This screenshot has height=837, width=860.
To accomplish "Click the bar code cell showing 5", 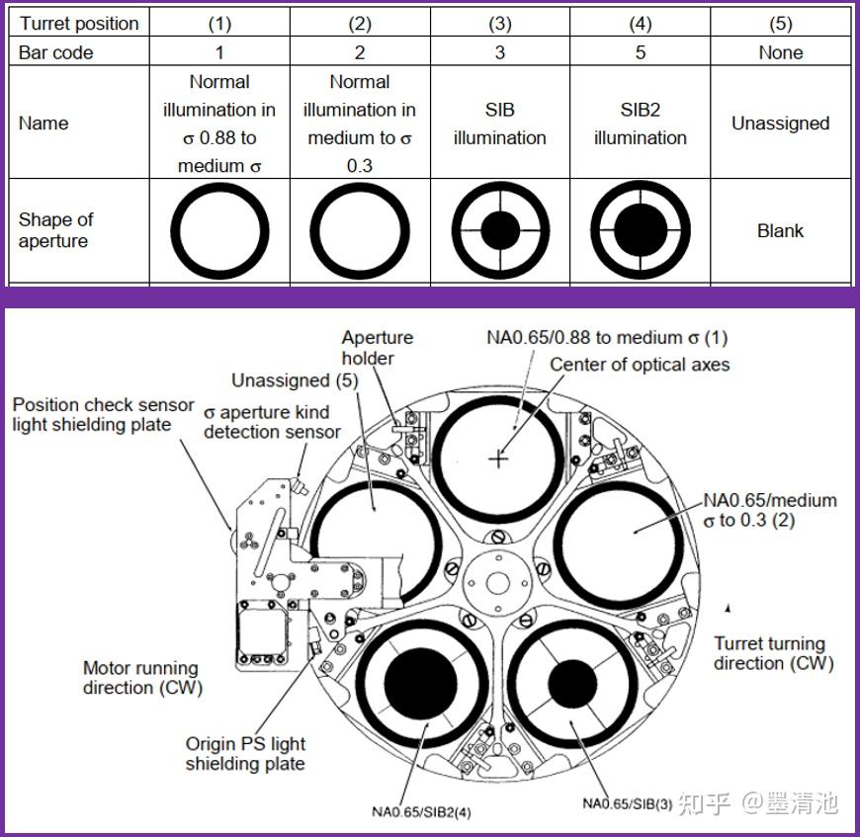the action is (641, 52).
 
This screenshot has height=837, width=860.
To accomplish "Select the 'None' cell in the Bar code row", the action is (781, 52).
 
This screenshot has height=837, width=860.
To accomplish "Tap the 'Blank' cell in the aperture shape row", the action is (781, 231).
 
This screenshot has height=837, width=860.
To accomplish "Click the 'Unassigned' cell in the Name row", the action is (781, 123).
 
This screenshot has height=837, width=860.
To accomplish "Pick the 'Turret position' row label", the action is (79, 24).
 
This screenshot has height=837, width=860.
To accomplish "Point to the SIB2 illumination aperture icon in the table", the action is (641, 230).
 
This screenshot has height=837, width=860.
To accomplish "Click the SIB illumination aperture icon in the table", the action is (500, 230).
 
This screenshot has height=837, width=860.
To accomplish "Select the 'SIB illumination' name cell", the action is (499, 124).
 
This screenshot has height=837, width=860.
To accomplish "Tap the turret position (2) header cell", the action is (360, 24).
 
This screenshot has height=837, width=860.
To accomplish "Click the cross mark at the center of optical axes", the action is (498, 459).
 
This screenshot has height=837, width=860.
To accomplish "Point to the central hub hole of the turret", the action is (498, 583).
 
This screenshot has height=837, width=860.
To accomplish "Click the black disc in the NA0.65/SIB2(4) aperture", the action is (421, 684).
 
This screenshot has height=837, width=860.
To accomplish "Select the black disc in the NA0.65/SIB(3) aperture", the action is (572, 684).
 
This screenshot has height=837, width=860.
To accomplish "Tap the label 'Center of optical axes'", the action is (640, 365).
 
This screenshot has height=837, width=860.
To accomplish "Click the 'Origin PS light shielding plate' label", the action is (245, 754).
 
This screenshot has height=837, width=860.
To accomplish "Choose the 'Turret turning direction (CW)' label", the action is (773, 653).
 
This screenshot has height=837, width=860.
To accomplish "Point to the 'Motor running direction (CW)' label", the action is (142, 678).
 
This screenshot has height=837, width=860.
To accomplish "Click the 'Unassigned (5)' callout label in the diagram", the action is (295, 380).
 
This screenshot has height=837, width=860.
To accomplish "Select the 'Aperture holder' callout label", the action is (378, 348).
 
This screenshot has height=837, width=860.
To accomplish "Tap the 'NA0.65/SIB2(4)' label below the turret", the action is (421, 811).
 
